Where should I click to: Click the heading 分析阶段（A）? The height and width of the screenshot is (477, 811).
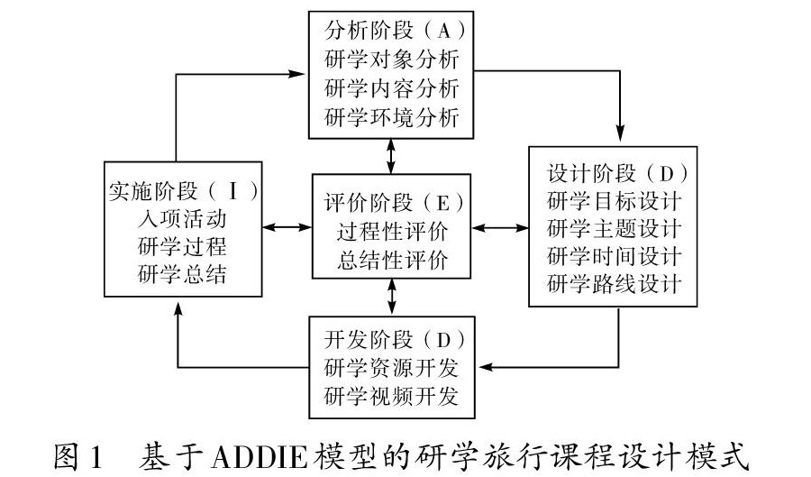tap(390, 32)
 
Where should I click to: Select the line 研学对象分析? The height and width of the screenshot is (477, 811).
tap(390, 60)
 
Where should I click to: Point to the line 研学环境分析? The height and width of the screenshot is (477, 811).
tap(390, 117)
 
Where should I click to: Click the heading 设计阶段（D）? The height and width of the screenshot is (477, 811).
tap(614, 170)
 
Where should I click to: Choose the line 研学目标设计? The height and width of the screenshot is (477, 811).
tap(614, 198)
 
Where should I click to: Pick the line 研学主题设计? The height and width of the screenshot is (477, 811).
tap(614, 226)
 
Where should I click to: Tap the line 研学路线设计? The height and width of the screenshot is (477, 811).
tap(614, 283)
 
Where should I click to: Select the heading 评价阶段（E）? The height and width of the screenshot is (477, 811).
tap(391, 201)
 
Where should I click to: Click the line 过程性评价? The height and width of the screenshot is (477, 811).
tap(391, 230)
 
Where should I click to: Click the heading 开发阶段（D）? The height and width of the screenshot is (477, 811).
tap(390, 340)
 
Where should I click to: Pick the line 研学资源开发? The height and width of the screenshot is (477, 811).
tap(390, 368)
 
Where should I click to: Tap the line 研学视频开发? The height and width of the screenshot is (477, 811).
tap(390, 396)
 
